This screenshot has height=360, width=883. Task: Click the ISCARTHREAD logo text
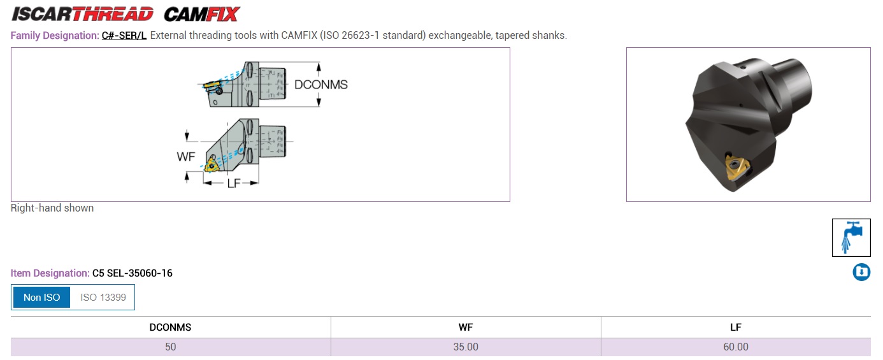pyautogui.click(x=83, y=14)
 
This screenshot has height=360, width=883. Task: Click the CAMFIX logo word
pyautogui.click(x=202, y=14)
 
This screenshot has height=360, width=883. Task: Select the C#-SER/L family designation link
pyautogui.click(x=124, y=36)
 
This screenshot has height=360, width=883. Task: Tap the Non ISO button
pyautogui.click(x=42, y=297)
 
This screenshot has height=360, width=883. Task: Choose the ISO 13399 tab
pyautogui.click(x=103, y=297)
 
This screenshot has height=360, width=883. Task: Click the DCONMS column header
pyautogui.click(x=170, y=328)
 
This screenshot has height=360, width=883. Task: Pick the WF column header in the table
pyautogui.click(x=466, y=328)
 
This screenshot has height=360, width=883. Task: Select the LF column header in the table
pyautogui.click(x=735, y=328)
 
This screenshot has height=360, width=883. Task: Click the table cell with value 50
pyautogui.click(x=170, y=347)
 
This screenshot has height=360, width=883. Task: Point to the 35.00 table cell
pyautogui.click(x=466, y=347)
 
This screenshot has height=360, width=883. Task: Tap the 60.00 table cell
pyautogui.click(x=735, y=347)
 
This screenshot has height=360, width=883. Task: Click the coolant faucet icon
pyautogui.click(x=851, y=238)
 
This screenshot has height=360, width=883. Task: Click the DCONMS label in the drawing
pyautogui.click(x=321, y=85)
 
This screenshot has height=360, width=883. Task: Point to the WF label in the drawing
pyautogui.click(x=186, y=157)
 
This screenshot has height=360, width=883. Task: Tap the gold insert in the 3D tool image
pyautogui.click(x=736, y=168)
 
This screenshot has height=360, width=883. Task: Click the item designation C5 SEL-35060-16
pyautogui.click(x=132, y=273)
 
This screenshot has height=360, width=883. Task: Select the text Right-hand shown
pyautogui.click(x=52, y=208)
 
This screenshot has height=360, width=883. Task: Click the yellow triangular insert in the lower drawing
pyautogui.click(x=212, y=164)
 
